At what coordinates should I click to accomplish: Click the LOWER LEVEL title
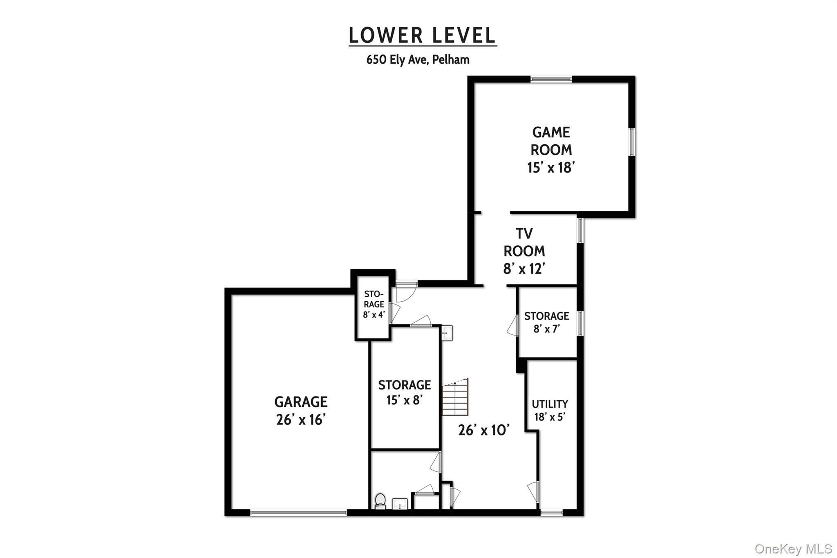(x=422, y=36)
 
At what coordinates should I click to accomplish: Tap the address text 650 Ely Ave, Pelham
(x=418, y=60)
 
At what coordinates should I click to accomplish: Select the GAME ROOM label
(x=551, y=150)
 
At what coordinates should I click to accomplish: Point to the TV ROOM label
(x=524, y=251)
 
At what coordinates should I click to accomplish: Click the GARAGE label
(x=301, y=410)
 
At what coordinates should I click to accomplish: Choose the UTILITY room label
(x=550, y=410)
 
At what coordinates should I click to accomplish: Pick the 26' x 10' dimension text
(x=483, y=430)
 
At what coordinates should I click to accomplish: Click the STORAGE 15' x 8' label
(x=404, y=392)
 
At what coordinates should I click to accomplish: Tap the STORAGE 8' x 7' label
(x=546, y=322)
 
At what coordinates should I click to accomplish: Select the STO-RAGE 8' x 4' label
(x=374, y=305)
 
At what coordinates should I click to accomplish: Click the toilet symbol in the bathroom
(x=380, y=501)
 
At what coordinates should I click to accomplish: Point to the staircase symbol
(x=455, y=397)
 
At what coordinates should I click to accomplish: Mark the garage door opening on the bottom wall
(x=298, y=512)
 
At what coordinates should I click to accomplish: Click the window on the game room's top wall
(x=551, y=79)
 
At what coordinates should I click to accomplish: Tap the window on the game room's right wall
(x=631, y=142)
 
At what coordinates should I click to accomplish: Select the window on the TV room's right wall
(x=580, y=230)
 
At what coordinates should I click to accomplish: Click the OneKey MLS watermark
(x=793, y=548)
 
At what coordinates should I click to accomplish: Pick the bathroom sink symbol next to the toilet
(x=400, y=504)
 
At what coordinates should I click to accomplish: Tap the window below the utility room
(x=551, y=512)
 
